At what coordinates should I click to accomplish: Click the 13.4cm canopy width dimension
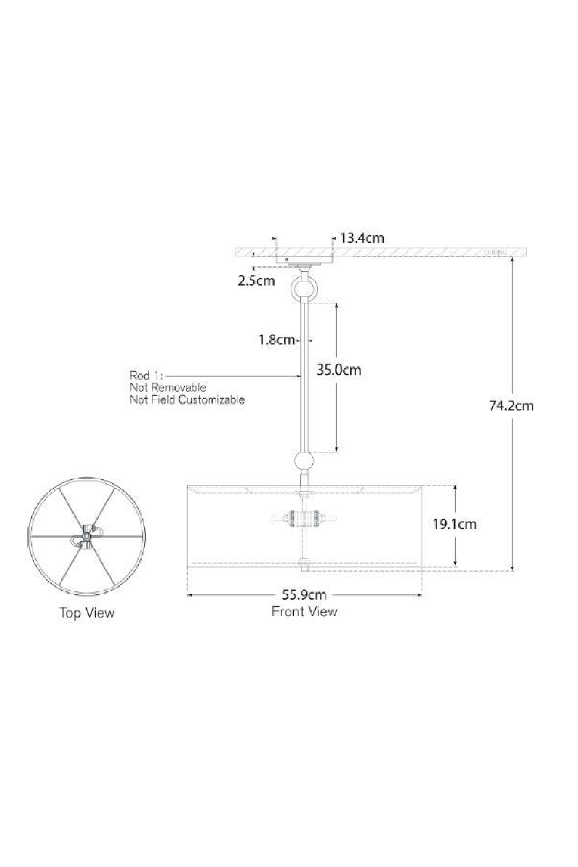(362, 238)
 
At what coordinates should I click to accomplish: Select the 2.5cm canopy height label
(256, 281)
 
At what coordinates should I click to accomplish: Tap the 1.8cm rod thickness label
(277, 340)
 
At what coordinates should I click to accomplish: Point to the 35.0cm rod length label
(339, 370)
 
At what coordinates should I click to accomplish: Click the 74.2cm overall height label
(511, 405)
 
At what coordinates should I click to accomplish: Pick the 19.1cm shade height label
(455, 524)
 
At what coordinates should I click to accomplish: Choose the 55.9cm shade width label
(304, 594)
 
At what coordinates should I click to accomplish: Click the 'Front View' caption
(304, 611)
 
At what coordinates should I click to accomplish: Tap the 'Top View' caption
(87, 613)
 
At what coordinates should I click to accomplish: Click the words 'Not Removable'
(168, 387)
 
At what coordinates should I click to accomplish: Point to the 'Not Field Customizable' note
(187, 399)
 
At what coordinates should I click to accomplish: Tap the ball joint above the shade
(305, 461)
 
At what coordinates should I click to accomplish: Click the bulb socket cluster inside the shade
(305, 518)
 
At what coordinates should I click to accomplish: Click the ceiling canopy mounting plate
(305, 261)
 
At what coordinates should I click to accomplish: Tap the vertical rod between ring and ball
(305, 376)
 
